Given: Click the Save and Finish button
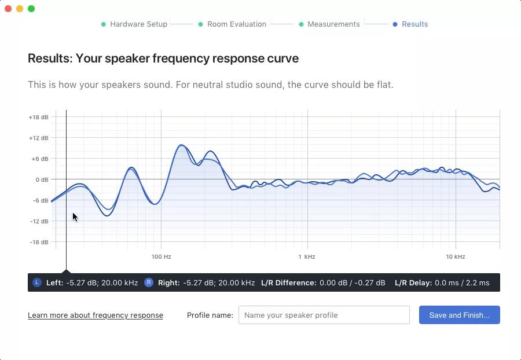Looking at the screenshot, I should (459, 315).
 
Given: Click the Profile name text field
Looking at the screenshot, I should (324, 315).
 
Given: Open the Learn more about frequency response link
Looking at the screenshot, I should (96, 315).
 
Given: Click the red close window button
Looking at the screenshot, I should (8, 9).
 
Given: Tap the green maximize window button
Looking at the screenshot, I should (31, 9).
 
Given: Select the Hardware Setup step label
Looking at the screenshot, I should (138, 24).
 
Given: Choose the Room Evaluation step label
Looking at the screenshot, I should (237, 24).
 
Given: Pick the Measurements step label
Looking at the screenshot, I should (333, 24).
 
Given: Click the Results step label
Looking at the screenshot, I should (414, 24).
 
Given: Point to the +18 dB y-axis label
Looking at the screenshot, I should (38, 117).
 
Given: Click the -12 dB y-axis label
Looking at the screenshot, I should (39, 221).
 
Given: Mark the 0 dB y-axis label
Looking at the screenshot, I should (42, 179).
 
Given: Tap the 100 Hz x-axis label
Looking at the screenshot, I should (162, 256).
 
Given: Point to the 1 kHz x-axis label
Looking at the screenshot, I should (306, 256).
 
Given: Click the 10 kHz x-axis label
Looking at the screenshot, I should (455, 256).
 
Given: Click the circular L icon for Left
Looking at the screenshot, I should (37, 282).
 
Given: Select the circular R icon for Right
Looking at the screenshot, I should (148, 282).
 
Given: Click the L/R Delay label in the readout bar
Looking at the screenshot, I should (413, 283).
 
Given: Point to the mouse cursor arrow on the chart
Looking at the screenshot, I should (75, 217).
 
